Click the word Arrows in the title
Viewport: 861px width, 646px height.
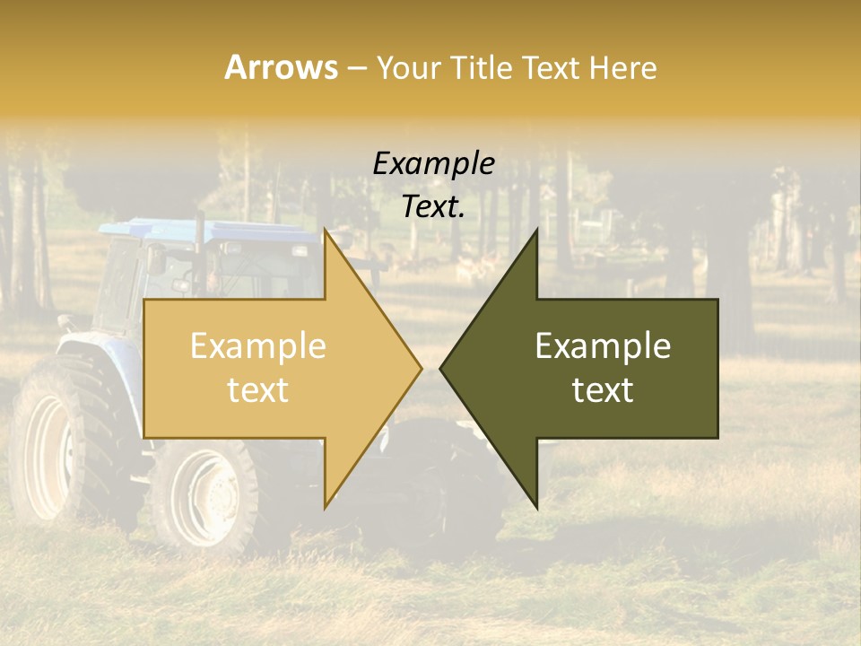click(281, 67)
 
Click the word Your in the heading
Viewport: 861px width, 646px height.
click(409, 67)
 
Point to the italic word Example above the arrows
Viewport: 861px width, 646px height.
click(433, 164)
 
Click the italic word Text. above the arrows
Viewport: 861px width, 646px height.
click(433, 207)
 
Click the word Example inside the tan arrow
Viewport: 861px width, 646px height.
click(258, 346)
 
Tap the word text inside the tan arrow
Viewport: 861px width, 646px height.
click(258, 390)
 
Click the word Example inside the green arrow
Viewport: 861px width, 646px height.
click(603, 346)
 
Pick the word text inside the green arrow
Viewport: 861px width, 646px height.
click(603, 390)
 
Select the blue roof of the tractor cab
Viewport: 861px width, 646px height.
click(179, 231)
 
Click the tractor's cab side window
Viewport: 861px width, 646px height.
click(121, 287)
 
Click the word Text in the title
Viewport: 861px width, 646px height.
click(548, 67)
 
